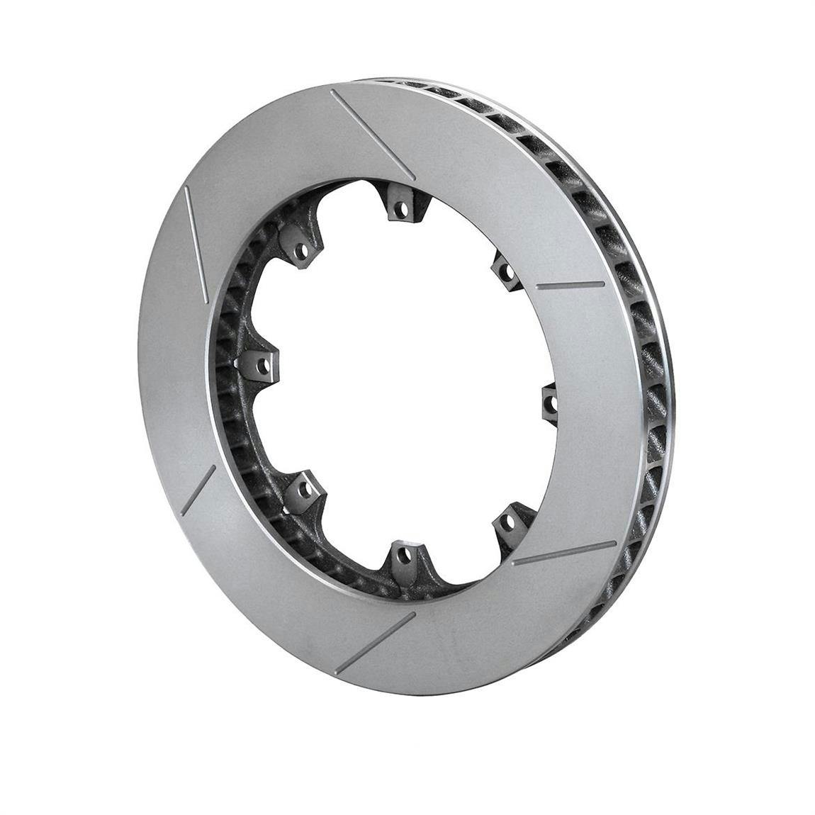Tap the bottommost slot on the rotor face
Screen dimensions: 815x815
[x=375, y=642]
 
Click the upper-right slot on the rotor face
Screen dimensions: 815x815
[x=571, y=285]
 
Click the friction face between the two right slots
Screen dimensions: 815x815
[x=602, y=418]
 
